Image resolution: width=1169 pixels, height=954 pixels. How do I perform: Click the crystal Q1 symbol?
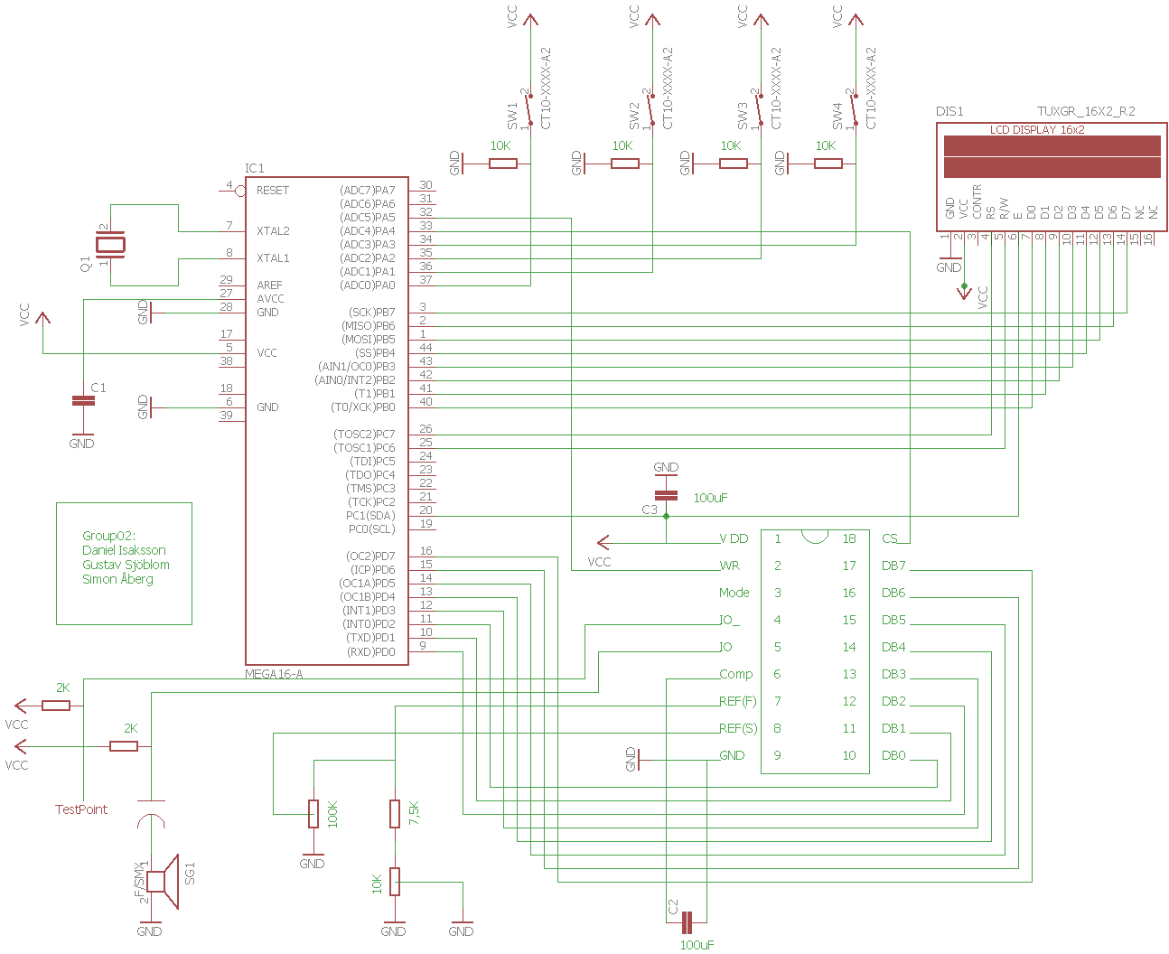click(x=111, y=245)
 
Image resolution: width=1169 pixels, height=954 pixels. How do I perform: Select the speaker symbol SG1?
click(x=163, y=882)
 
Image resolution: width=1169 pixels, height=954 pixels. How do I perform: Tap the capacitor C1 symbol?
click(x=83, y=400)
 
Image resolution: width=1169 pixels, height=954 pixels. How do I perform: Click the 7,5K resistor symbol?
click(x=395, y=813)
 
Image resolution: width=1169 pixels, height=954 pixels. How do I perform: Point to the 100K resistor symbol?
click(x=313, y=813)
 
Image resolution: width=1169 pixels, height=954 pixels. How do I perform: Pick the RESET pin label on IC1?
click(x=272, y=190)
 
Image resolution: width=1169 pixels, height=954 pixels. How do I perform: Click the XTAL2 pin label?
click(x=273, y=230)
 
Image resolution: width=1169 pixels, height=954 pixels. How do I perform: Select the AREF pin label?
click(x=269, y=285)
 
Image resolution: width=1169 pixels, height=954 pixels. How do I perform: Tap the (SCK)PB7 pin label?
click(x=371, y=312)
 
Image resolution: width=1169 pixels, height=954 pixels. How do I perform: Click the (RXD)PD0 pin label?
click(x=370, y=651)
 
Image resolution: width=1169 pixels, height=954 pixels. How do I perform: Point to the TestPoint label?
click(x=81, y=809)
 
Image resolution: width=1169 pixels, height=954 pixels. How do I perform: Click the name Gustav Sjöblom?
click(x=126, y=565)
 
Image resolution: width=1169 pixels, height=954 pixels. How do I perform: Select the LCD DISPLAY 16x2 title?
click(x=1036, y=130)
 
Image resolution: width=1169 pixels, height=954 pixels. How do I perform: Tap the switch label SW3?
click(x=743, y=116)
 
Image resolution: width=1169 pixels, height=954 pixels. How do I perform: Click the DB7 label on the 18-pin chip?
click(x=893, y=566)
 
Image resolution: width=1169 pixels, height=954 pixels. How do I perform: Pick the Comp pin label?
click(x=735, y=674)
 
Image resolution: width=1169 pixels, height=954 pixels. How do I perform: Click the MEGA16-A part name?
click(x=274, y=674)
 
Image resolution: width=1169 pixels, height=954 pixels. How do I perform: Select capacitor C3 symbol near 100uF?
click(x=666, y=495)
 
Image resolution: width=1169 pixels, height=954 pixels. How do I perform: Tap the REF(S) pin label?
click(x=738, y=728)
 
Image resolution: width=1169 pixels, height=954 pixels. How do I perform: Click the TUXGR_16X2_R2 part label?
click(x=1085, y=111)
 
